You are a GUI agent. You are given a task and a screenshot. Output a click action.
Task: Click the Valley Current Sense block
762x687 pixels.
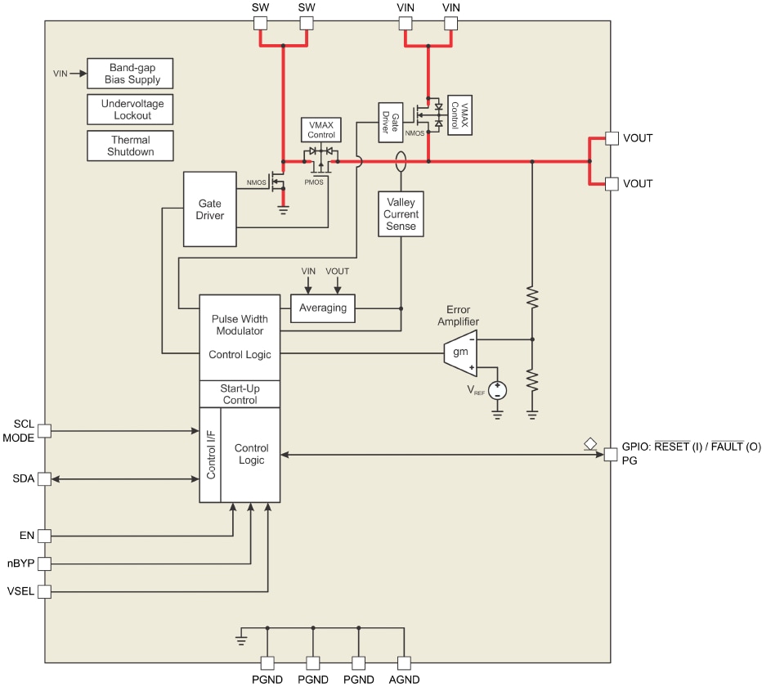401,214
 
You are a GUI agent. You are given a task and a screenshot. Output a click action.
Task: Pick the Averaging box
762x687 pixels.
322,308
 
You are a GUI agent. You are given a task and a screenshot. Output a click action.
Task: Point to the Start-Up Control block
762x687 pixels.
240,394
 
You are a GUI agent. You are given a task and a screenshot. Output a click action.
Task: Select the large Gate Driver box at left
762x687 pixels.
210,209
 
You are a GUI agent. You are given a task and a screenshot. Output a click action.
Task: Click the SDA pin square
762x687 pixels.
45,478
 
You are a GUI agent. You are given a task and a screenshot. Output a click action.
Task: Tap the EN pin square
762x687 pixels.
45,536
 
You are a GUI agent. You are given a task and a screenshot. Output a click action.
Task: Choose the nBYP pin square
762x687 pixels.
45,564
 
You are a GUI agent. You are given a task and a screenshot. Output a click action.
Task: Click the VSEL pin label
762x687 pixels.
20,591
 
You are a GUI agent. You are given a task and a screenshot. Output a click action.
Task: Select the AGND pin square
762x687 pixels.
404,663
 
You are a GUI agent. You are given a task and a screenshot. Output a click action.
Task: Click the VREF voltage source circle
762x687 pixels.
496,389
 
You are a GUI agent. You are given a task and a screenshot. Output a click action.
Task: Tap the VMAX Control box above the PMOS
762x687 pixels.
321,129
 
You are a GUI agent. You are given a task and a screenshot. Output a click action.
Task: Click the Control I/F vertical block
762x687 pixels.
210,455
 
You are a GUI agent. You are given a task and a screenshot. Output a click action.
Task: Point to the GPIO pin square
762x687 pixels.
610,455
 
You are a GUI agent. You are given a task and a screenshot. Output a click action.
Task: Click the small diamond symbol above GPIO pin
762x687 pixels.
590,443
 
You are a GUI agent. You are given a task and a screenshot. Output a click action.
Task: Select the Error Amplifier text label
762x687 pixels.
463,316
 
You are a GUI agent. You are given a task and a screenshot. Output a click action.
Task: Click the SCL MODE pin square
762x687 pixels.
45,430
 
